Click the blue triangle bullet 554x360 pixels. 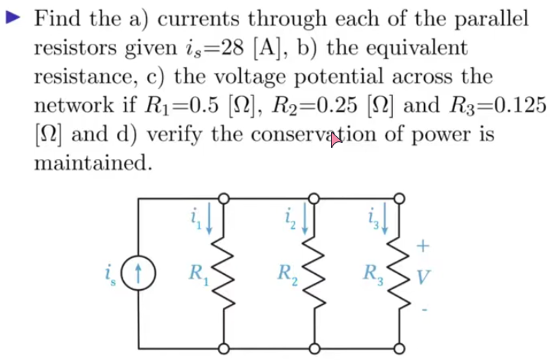point(13,17)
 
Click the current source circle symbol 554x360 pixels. point(138,273)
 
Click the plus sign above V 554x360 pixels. point(423,246)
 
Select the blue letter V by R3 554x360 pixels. point(424,278)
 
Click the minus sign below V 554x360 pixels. point(425,310)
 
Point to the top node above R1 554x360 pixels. point(224,198)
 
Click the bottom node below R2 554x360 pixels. point(314,349)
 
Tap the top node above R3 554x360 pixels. point(399,198)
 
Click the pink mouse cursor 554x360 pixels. point(335,140)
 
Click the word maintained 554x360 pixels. point(93,163)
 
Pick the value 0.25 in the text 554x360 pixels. point(337,105)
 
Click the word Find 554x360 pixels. point(58,18)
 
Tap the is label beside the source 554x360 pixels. point(110,275)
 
